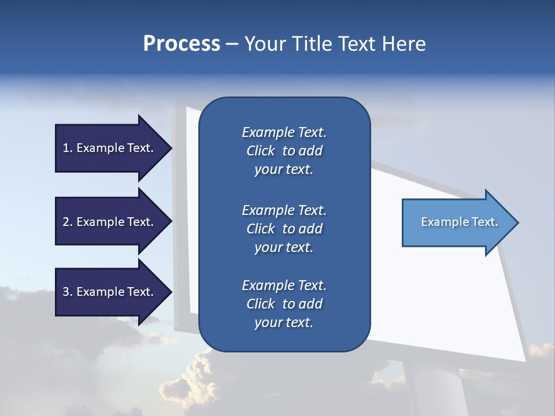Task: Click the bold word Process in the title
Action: (x=182, y=44)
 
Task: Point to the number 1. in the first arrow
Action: (x=68, y=148)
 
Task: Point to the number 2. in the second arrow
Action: (x=68, y=222)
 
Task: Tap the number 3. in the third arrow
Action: (x=68, y=292)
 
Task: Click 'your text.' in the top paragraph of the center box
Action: (x=284, y=170)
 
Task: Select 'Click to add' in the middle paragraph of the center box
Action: (x=284, y=229)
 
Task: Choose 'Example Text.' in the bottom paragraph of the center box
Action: (x=284, y=285)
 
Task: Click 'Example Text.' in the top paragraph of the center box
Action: (x=284, y=132)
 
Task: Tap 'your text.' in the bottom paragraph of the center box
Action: (x=284, y=323)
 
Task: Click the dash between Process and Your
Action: (x=232, y=44)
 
